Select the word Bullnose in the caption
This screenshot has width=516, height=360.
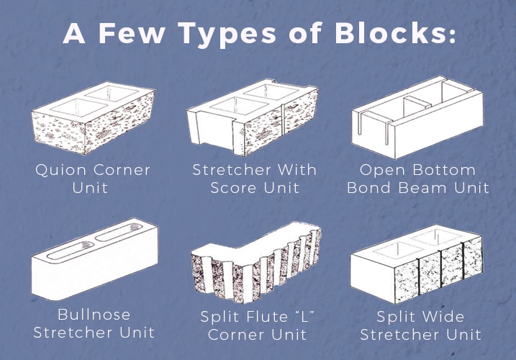(94, 315)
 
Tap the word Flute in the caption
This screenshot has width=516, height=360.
(268, 317)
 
